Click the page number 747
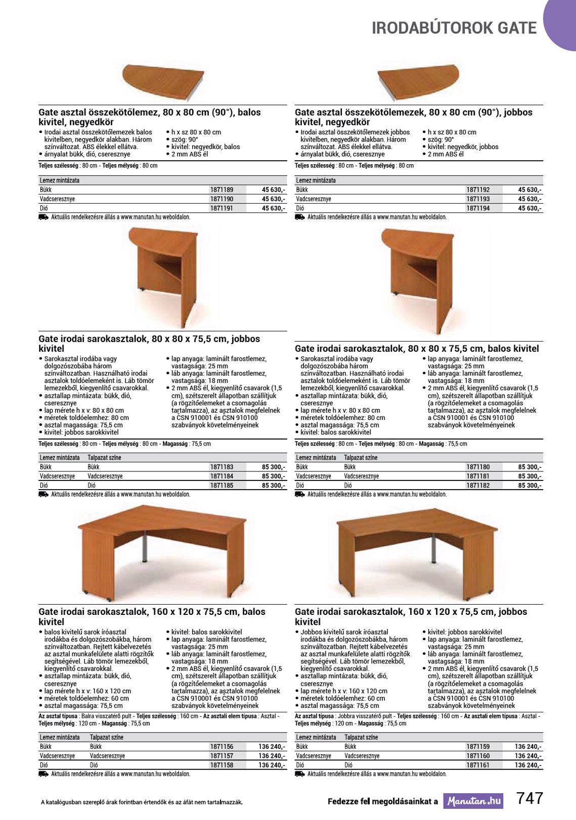529,798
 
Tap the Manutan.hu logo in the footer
473,801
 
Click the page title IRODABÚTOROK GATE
454,28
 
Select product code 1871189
221,190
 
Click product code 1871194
478,208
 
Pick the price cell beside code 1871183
273,467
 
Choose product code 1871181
478,476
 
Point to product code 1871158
221,765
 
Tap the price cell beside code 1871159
528,747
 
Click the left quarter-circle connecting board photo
163,81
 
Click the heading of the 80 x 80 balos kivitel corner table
417,349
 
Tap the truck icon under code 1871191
43,217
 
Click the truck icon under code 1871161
300,774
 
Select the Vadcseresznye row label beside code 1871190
57,199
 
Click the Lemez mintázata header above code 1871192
316,180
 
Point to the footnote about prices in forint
142,802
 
